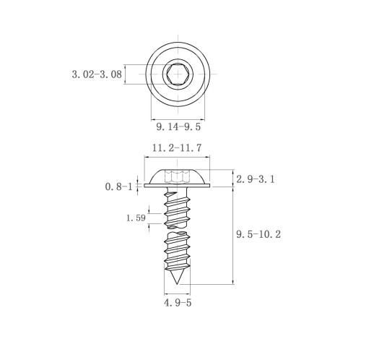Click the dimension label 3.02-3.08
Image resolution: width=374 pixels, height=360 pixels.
pos(97,74)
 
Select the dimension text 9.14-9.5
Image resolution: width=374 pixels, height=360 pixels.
pos(178,127)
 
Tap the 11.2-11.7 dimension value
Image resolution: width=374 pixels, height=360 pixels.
pos(177,147)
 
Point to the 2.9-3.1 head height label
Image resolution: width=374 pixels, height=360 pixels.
pos(256,179)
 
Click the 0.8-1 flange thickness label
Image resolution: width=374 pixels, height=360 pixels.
pos(119,187)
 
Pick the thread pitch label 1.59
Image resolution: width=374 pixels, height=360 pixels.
pos(136,218)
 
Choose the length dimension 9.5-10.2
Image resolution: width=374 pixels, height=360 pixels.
pos(258,234)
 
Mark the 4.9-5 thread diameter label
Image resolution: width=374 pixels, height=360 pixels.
pos(178,303)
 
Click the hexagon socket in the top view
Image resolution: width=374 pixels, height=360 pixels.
pos(178,74)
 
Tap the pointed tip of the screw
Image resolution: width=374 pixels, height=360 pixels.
pos(177,284)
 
